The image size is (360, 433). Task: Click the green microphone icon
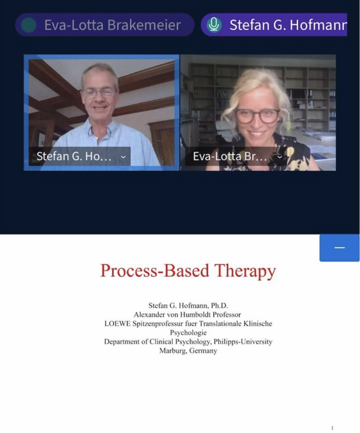coord(214,25)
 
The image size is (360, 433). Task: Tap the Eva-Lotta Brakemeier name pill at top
coord(105,25)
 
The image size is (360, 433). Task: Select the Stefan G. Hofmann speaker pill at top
coord(274,25)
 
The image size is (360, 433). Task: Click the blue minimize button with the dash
coord(340,248)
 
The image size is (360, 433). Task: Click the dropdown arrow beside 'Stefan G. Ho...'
coord(123,157)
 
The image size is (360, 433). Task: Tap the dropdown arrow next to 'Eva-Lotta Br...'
coord(280,157)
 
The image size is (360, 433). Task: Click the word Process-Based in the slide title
coord(155,271)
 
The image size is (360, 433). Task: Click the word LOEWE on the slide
coord(117,323)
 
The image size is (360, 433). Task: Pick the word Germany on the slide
coord(203,351)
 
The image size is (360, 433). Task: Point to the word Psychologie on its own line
coord(188,333)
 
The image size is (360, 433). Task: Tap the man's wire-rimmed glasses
coord(99,93)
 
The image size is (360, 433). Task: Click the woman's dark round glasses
coord(257,116)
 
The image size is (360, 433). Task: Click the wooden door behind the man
coord(162,143)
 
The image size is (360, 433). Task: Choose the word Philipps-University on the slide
coord(243,342)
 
